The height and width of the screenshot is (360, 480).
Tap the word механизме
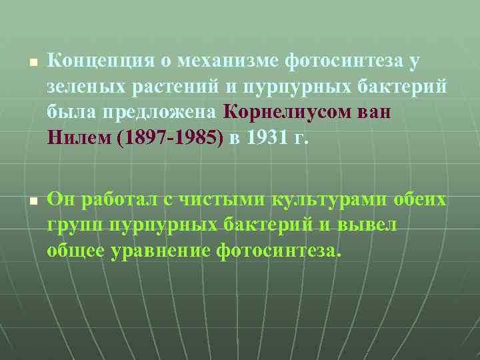click(x=223, y=62)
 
